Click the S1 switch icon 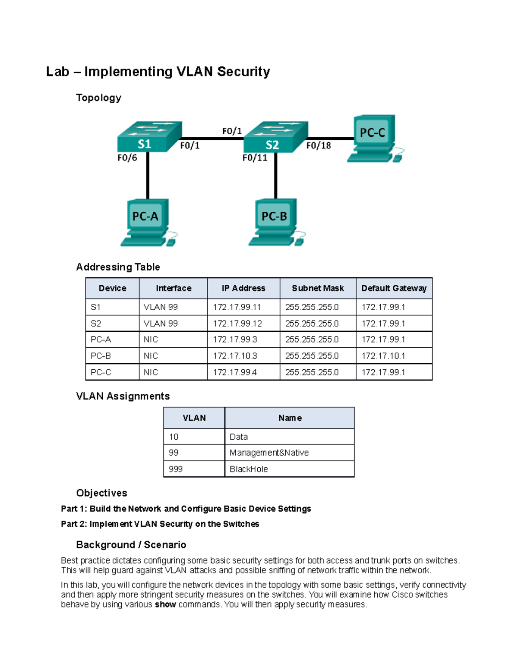coord(149,137)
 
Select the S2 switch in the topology coord(275,137)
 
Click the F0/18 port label coord(319,146)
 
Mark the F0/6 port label coord(127,158)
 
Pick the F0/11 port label coord(255,158)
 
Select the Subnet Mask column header coord(318,288)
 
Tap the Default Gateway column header coord(394,288)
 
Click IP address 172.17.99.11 coord(237,307)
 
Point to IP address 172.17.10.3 coord(235,356)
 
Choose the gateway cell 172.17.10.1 coord(383,356)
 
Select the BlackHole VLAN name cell coord(249,469)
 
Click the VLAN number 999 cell coord(176,469)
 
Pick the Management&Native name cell coord(269,453)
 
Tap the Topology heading coord(98,98)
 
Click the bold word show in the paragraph coord(165,604)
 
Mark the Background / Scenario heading coord(131,545)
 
